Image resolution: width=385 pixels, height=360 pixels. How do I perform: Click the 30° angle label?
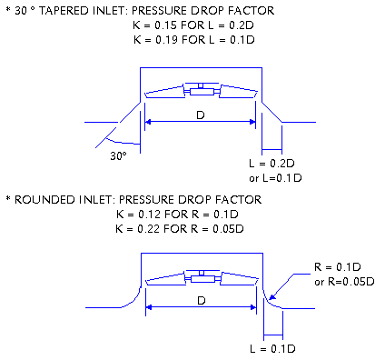coord(118,156)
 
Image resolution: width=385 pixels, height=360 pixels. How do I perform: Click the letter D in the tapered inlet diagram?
coord(201,115)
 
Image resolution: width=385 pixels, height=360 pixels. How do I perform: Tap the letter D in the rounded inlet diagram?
coord(202,301)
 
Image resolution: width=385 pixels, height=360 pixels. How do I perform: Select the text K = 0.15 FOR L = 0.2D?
coord(193,25)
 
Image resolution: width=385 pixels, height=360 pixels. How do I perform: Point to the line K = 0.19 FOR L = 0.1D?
coord(194,40)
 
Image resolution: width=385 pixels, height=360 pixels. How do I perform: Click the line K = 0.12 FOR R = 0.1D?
coord(177,215)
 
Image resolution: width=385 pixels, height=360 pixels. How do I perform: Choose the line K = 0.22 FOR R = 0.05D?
coord(180,229)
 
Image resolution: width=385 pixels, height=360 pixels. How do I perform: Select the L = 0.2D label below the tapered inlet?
coord(271,164)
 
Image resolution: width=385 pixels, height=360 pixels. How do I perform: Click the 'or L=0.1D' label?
coord(275,178)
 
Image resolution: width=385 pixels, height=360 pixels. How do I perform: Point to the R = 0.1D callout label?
coord(338,267)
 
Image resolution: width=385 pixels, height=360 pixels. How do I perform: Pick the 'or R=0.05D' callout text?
coord(344,282)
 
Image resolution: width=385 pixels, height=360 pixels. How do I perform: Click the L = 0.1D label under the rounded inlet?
coord(272,349)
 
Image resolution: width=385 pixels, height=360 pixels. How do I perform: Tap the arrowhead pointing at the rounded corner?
coord(272,296)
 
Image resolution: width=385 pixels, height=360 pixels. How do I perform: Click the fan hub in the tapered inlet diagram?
coord(202,91)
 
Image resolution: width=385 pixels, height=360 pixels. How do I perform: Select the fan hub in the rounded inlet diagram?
coord(202,278)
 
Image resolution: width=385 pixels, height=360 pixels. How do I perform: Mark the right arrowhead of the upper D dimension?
coord(252,122)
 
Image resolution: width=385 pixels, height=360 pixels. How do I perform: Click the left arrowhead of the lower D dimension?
coord(149,307)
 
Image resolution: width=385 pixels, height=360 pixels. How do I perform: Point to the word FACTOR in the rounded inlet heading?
coord(238,200)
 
